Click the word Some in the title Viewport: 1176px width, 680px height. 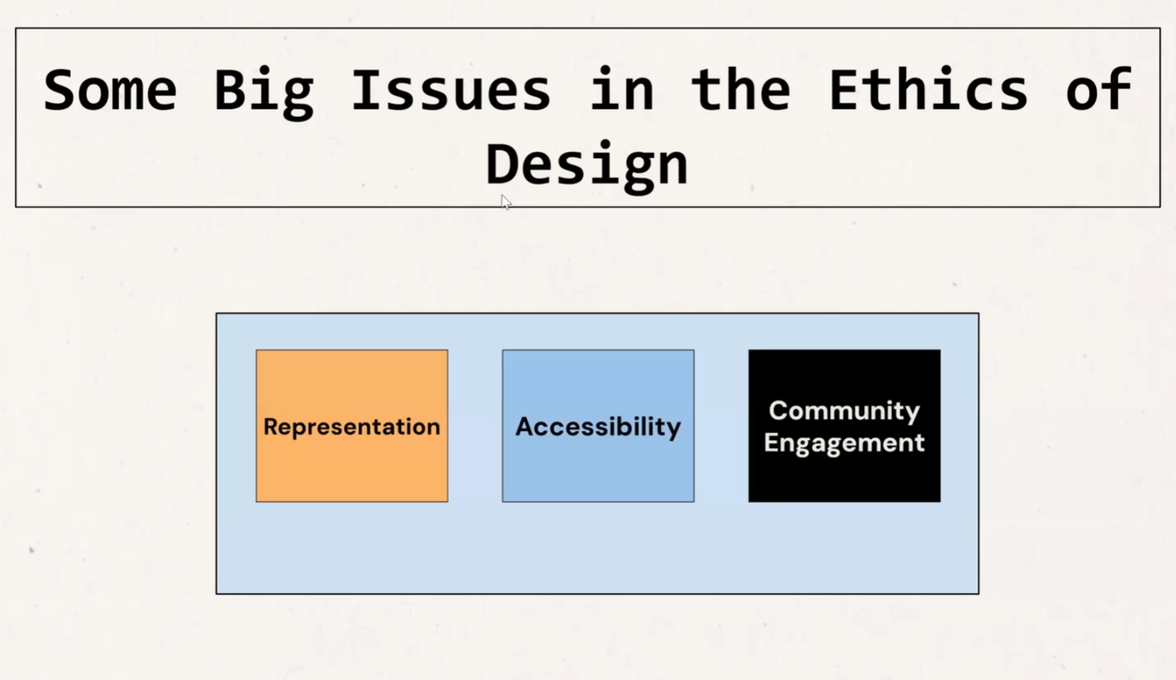pyautogui.click(x=110, y=90)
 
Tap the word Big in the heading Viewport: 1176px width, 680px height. pyautogui.click(x=264, y=93)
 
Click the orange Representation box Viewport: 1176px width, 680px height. pyautogui.click(x=352, y=425)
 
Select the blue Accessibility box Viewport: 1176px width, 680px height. pyautogui.click(x=598, y=425)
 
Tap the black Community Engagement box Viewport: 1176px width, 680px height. pyautogui.click(x=844, y=425)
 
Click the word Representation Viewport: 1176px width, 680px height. pyautogui.click(x=352, y=427)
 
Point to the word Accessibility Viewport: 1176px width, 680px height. pyautogui.click(x=598, y=427)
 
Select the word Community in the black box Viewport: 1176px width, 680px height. pyautogui.click(x=844, y=410)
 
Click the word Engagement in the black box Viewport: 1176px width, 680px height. pyautogui.click(x=844, y=444)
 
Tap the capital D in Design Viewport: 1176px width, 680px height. pyautogui.click(x=502, y=163)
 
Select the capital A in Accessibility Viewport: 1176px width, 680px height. pyautogui.click(x=527, y=427)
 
